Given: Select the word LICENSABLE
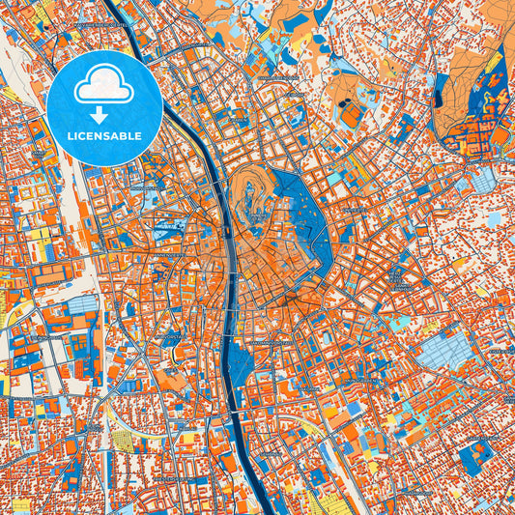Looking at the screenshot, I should coord(103,136).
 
